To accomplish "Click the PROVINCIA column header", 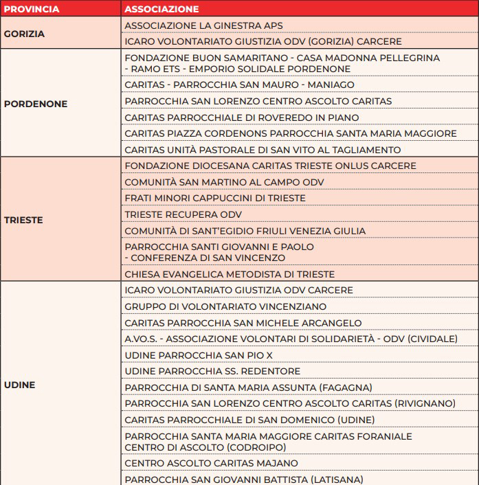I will pos(32,10).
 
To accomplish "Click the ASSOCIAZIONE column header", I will pos(161,10).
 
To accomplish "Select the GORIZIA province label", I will pos(24,33).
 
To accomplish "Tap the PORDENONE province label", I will pos(36,104).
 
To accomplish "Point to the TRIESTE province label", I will pos(23,221).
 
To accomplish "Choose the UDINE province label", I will pos(19,385).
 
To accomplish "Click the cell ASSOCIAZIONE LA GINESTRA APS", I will pos(204,25).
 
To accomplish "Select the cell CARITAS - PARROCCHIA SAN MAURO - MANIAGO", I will pos(240,84).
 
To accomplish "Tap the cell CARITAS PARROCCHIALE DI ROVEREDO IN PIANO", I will pos(242,117).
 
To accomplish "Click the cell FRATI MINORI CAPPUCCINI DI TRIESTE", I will pos(215,199).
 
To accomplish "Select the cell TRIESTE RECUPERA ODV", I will pos(183,214).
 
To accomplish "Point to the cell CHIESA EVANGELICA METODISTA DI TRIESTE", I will pos(239,274).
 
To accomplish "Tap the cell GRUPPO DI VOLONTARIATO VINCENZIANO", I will pos(225,306).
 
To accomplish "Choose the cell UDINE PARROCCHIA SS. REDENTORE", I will pos(212,372).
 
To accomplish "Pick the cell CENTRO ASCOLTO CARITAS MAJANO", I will pos(212,463).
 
